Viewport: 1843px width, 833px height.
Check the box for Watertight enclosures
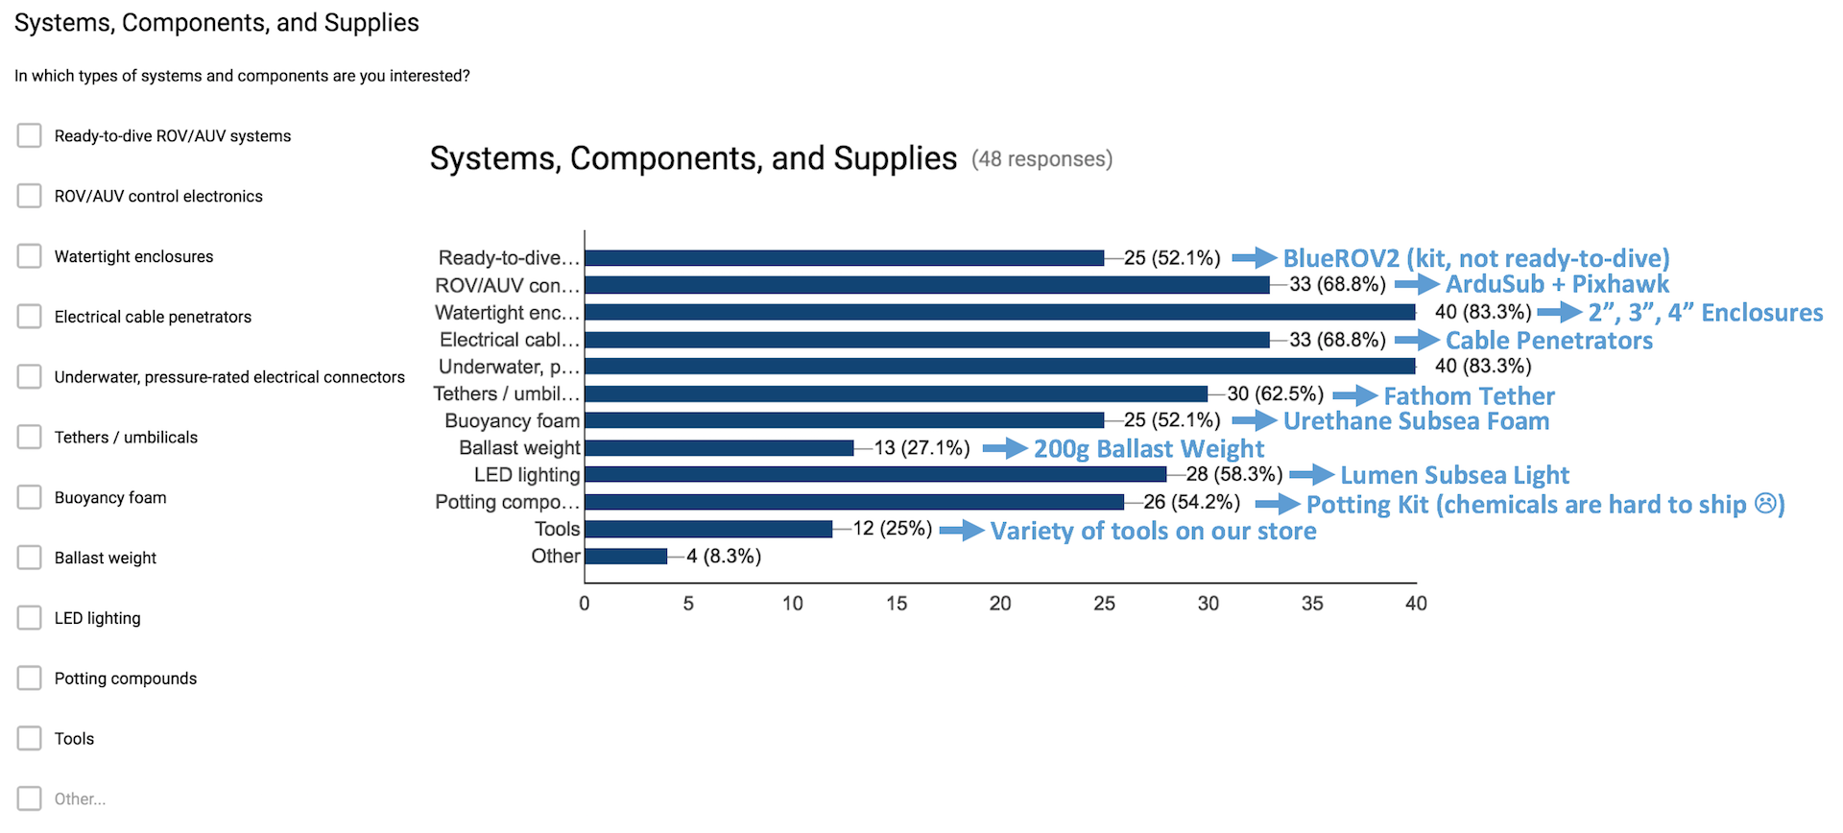(30, 256)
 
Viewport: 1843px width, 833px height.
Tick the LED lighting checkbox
(30, 617)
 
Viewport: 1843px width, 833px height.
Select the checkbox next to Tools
(30, 738)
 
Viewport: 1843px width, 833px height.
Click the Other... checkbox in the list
(30, 798)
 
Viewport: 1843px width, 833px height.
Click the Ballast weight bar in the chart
(719, 448)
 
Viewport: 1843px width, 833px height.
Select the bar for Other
(626, 557)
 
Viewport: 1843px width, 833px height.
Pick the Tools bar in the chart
(708, 529)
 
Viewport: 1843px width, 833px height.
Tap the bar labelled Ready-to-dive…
(844, 258)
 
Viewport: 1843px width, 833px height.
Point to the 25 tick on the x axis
(1104, 604)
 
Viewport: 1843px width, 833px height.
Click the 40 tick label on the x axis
(1416, 604)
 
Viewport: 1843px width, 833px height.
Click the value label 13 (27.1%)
(921, 448)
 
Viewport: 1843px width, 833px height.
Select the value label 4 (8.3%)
(724, 557)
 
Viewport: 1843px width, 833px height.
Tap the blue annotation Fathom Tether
(1469, 395)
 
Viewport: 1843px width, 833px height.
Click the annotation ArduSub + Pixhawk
(1557, 284)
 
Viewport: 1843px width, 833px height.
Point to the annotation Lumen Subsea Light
(1454, 475)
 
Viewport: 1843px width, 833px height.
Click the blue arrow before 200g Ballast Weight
(1005, 448)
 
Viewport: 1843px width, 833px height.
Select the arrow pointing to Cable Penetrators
(1417, 340)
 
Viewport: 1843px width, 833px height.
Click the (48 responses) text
(1041, 159)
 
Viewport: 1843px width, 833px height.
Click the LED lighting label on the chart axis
(527, 475)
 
